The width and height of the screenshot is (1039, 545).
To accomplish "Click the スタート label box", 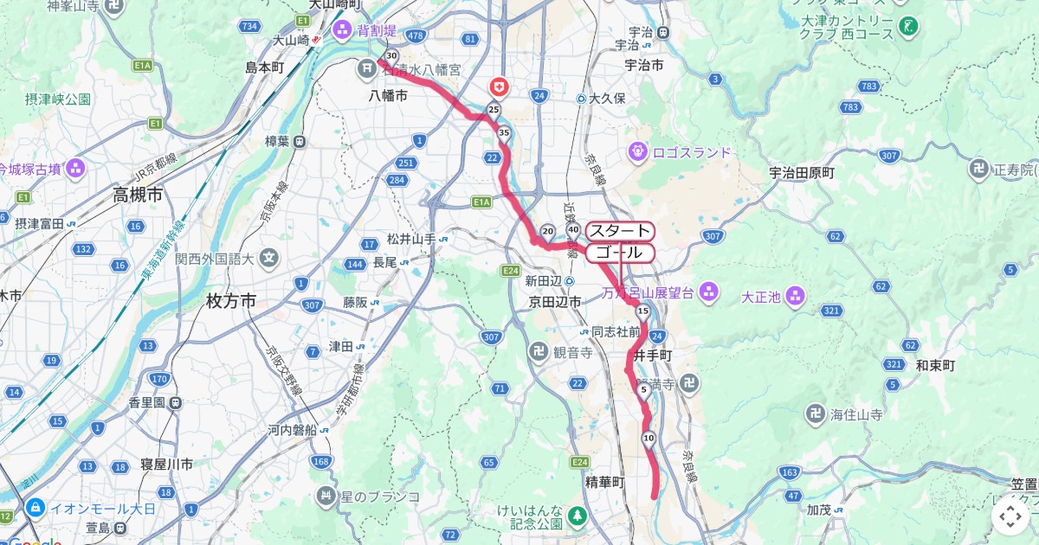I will (x=620, y=231).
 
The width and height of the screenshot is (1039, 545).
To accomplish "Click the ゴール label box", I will (x=620, y=253).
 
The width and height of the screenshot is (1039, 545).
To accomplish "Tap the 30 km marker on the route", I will (x=391, y=55).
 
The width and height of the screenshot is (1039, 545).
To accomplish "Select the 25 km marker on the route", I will (x=494, y=110).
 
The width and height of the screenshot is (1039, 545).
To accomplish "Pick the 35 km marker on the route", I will (x=504, y=132).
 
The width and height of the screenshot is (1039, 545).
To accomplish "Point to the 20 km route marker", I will (x=547, y=231).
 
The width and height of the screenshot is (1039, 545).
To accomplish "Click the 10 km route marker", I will (x=649, y=439).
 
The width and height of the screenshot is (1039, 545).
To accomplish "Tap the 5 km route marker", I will (x=644, y=389).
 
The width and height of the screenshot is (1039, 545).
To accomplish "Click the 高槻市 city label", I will (x=138, y=196).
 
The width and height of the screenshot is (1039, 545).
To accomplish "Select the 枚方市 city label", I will (x=231, y=301).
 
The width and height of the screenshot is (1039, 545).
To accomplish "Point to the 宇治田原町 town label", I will (x=802, y=173).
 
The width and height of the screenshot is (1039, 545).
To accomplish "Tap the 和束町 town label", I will (x=936, y=366).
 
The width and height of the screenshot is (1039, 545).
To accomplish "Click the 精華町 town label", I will (x=604, y=483).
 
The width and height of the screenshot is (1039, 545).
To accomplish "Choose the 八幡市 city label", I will (x=388, y=95).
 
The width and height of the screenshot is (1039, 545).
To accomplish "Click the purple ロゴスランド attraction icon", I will (x=639, y=151).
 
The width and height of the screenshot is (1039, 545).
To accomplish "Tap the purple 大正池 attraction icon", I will (x=796, y=297).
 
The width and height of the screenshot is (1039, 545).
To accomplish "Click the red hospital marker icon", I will (x=500, y=86).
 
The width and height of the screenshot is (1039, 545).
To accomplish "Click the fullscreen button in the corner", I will (x=1010, y=517).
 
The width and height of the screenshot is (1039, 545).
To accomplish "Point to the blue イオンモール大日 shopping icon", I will (x=35, y=507).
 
